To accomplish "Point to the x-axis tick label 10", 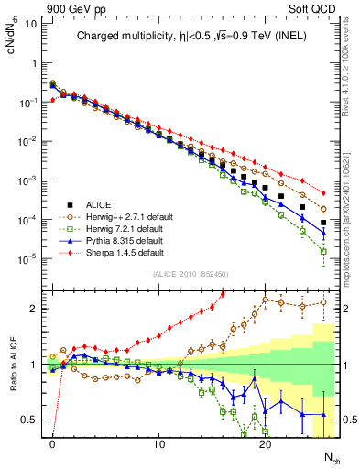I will point(158,446).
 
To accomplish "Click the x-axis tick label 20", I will point(265,446).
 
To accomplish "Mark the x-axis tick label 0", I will point(52,446).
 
